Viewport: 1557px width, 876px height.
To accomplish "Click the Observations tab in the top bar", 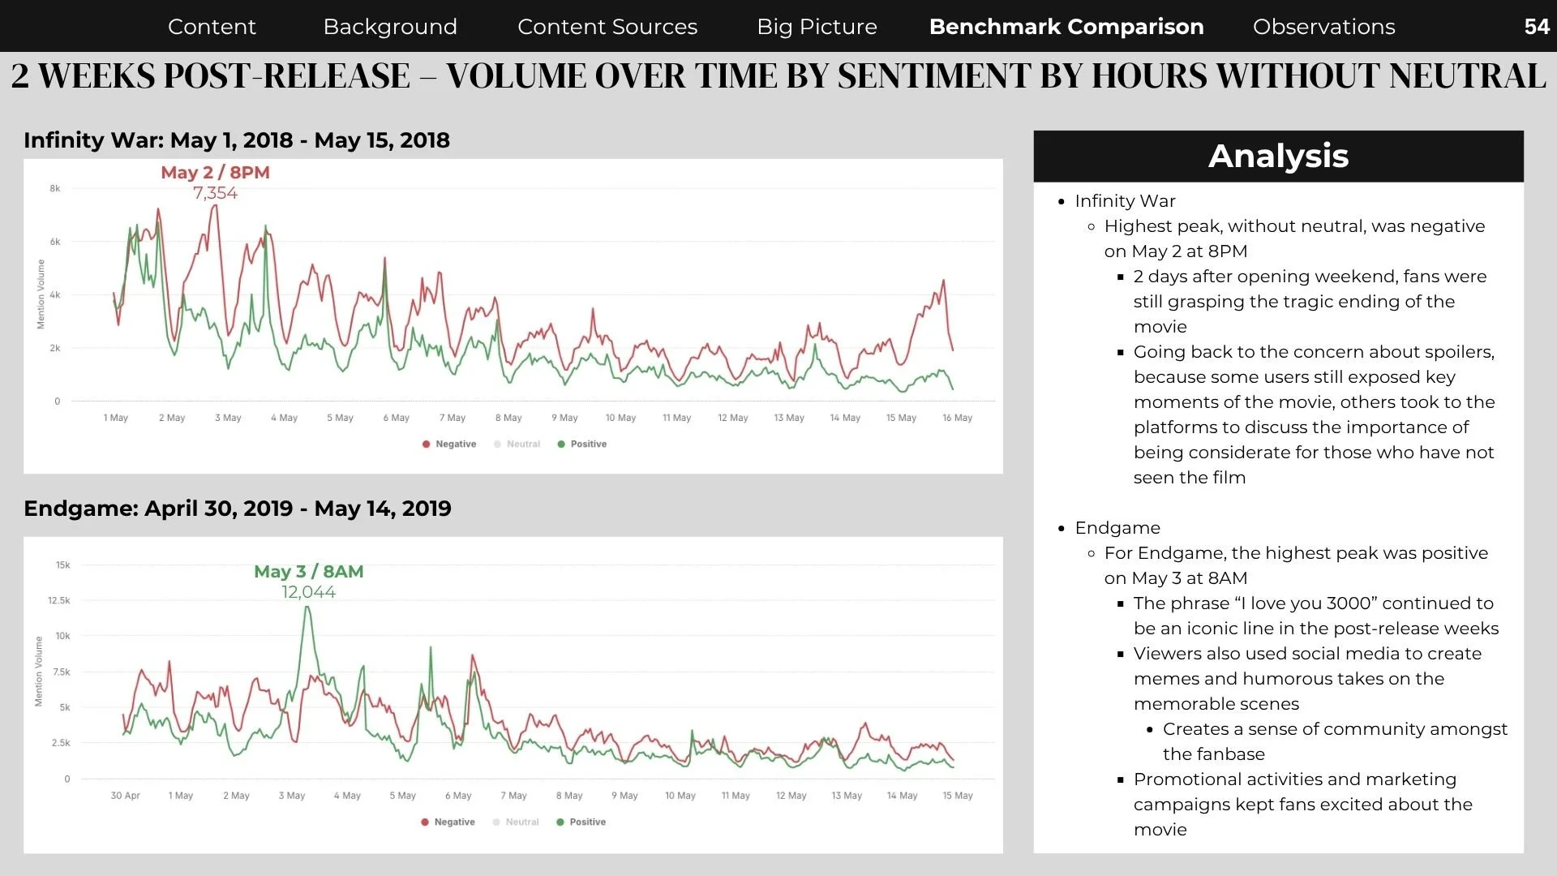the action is pyautogui.click(x=1323, y=27).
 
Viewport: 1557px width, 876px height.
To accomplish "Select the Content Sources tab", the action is pyautogui.click(x=607, y=27).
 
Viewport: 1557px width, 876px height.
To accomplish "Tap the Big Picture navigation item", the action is pyautogui.click(x=817, y=27).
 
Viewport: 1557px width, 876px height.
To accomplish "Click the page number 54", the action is pyautogui.click(x=1537, y=27).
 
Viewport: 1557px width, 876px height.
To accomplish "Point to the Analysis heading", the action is pyautogui.click(x=1278, y=156).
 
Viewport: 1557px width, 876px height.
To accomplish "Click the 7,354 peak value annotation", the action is pyautogui.click(x=215, y=193).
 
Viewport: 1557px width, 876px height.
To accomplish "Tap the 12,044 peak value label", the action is pyautogui.click(x=309, y=592).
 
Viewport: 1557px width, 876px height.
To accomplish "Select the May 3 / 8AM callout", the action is pyautogui.click(x=309, y=571).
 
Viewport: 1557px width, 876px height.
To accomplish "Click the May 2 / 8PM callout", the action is pyautogui.click(x=215, y=172).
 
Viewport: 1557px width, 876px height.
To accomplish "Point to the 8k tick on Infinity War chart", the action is pyautogui.click(x=55, y=188).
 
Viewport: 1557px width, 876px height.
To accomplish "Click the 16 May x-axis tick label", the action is pyautogui.click(x=957, y=418).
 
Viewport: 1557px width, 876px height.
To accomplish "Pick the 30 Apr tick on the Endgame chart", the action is pyautogui.click(x=125, y=796).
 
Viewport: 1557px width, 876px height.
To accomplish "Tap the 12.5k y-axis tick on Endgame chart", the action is pyautogui.click(x=59, y=600).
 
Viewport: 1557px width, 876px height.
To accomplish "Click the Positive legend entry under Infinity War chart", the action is pyautogui.click(x=581, y=444).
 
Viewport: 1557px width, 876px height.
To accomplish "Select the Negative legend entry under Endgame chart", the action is pyautogui.click(x=448, y=822).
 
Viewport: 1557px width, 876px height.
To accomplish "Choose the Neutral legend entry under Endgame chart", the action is pyautogui.click(x=516, y=822).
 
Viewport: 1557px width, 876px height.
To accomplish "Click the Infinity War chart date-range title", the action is pyautogui.click(x=237, y=140).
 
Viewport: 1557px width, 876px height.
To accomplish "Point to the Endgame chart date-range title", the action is pyautogui.click(x=238, y=509).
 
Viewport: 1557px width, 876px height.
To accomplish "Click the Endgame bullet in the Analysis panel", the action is pyautogui.click(x=1117, y=528).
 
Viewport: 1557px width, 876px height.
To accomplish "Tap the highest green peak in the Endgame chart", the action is pyautogui.click(x=307, y=608).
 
